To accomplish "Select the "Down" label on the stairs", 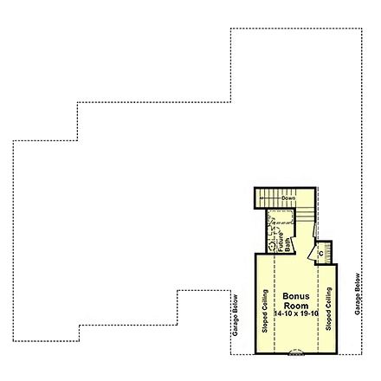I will [x=288, y=198].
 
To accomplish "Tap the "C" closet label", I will [x=321, y=253].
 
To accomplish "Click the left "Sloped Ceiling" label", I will [x=265, y=311].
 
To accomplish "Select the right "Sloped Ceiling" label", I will [x=328, y=311].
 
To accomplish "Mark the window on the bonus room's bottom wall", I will [x=296, y=353].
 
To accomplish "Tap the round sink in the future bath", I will [x=272, y=246].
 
